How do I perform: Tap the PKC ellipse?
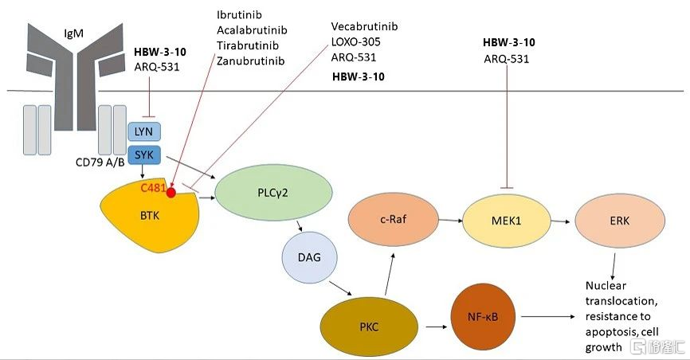[x=368, y=327]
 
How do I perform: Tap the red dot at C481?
[x=171, y=192]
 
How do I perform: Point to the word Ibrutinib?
[x=240, y=15]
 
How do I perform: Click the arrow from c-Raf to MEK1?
[x=443, y=221]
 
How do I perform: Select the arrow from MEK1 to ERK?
[x=561, y=221]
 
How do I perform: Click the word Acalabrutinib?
[x=252, y=30]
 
